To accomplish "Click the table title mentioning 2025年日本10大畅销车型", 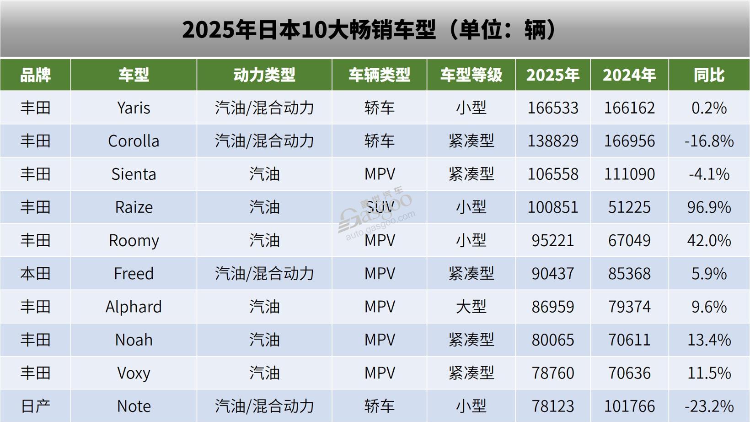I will coord(370,30).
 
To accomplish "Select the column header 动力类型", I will coord(264,75).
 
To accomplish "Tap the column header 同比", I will coord(709,75).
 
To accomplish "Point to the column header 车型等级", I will coord(471,75).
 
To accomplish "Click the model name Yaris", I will coord(134,108).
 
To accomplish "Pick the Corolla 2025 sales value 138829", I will coord(553,141).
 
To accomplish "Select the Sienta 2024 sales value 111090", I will coord(629,174).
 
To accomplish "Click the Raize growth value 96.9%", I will coord(709,207).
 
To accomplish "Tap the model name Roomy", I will coord(134,241).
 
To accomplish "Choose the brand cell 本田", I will coord(35,274).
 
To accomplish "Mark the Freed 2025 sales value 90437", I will coord(553,274).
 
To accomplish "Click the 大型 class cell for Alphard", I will coord(471,307).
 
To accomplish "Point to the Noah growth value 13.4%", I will coord(709,340).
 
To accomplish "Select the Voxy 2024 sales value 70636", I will coord(629,373).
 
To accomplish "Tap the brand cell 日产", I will coord(35,406).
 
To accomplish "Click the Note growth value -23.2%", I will coord(709,406).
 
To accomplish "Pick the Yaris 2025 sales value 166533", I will coord(553,108).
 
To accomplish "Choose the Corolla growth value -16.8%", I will coord(709,141).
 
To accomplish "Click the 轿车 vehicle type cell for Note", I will coord(379,406).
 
